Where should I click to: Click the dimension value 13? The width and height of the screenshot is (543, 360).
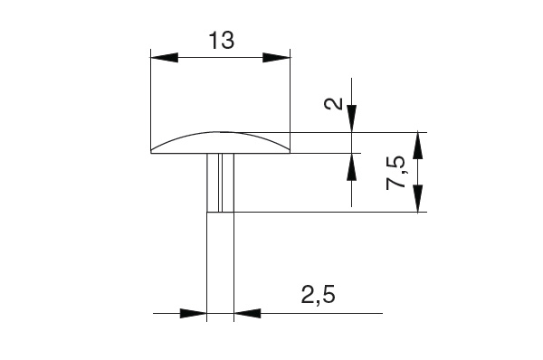(222, 41)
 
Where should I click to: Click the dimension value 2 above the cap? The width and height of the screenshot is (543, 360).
(333, 103)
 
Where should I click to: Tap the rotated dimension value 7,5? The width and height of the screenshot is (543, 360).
(395, 173)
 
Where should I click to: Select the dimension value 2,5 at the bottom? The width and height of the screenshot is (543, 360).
(319, 295)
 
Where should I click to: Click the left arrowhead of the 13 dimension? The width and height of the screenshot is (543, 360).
(165, 58)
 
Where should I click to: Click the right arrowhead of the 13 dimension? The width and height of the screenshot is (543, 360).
(276, 58)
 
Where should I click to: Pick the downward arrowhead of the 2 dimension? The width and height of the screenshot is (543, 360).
(351, 118)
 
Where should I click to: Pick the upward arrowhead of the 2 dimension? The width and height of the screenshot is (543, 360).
(351, 166)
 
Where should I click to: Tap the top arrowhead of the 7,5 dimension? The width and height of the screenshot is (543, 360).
(418, 146)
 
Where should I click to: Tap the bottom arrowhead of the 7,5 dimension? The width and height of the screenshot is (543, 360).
(418, 198)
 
